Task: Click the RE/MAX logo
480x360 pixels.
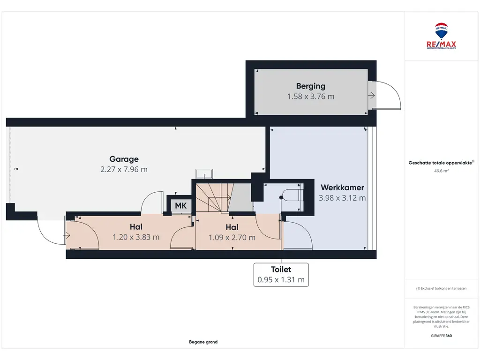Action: pos(441,36)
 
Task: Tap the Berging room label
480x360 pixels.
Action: pos(311,86)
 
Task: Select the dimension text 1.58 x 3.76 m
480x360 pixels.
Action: pos(311,97)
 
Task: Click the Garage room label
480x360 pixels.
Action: pos(124,159)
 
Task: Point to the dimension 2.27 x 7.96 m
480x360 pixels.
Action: pos(124,169)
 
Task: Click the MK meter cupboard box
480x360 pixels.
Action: pos(180,205)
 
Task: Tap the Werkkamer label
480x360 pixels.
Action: pos(342,187)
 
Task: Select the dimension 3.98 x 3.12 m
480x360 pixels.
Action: pos(342,198)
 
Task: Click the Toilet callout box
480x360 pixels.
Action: pos(281,275)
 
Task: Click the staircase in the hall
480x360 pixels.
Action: pos(224,197)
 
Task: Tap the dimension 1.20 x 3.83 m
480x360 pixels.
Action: pos(136,237)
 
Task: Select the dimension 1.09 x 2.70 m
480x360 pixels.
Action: pos(232,238)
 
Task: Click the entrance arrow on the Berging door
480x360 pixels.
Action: pos(371,96)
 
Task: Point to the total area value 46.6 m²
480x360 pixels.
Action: pos(441,171)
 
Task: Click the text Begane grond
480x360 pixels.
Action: pos(203,342)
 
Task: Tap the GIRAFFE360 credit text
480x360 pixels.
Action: pos(441,336)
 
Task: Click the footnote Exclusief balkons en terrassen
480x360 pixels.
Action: pos(441,288)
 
